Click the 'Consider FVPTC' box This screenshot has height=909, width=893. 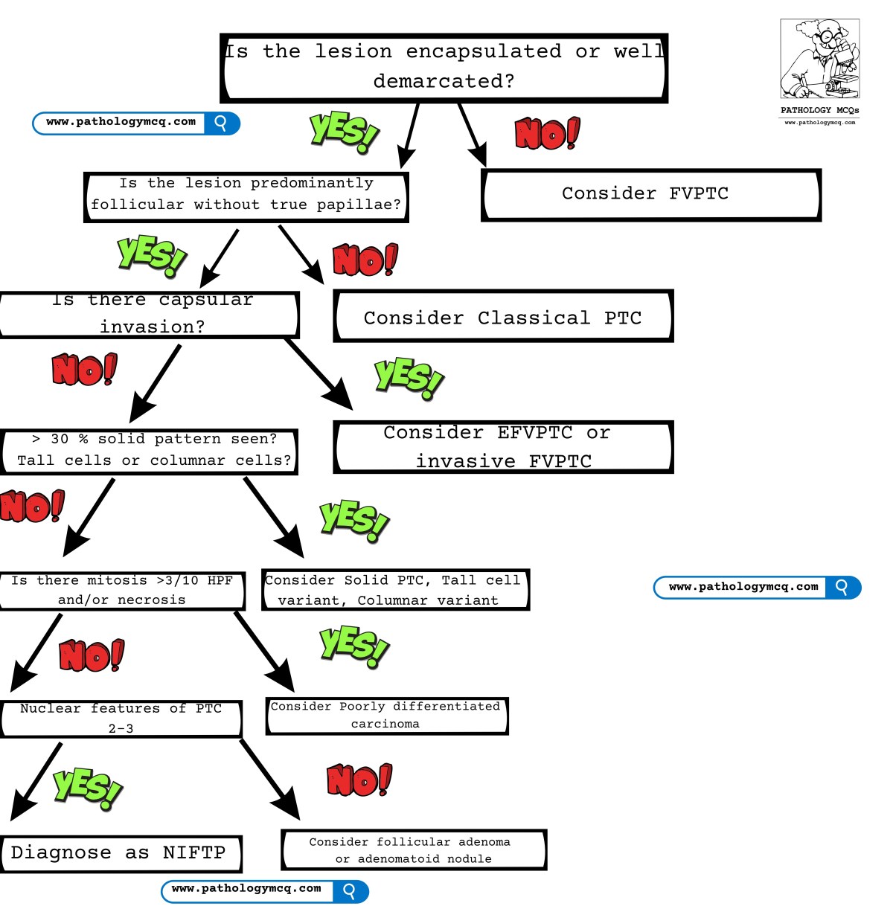[651, 195]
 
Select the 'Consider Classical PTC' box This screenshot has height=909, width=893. [503, 317]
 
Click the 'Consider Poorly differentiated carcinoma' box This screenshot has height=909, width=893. [386, 716]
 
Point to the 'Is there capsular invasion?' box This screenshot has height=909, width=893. [149, 315]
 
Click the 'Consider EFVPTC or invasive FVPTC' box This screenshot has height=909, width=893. [503, 447]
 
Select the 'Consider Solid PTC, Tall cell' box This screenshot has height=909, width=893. [394, 590]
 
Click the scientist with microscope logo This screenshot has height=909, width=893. [819, 60]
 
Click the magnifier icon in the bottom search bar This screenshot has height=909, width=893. [350, 890]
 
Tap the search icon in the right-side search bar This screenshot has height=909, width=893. [842, 587]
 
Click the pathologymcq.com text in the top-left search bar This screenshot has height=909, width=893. [121, 122]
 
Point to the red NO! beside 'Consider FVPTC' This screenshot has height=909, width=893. [546, 134]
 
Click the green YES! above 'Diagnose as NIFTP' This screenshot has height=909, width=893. [87, 788]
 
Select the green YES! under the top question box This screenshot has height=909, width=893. [344, 131]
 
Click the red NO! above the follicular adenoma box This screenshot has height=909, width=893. [359, 780]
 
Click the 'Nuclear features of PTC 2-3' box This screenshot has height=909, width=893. [121, 719]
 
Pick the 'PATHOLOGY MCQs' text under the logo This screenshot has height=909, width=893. [819, 110]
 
